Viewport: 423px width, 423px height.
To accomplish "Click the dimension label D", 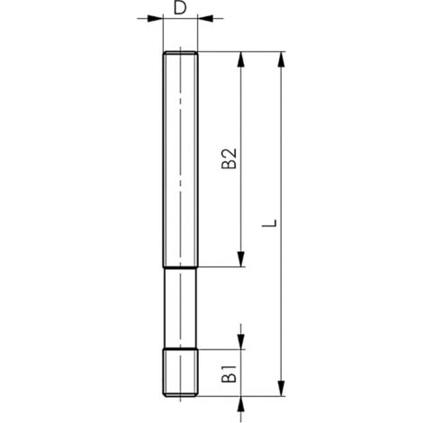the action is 180,8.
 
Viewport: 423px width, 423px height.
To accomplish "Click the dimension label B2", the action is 229,158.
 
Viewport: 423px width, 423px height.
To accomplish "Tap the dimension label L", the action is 269,223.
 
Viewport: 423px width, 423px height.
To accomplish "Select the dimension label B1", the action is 229,373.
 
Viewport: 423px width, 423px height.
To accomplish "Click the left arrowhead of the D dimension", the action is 155,18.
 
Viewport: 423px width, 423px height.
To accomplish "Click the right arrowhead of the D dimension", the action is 205,18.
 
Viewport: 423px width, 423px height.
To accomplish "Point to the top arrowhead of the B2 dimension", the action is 241,59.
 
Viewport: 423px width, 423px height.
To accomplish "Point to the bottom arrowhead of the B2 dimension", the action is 241,259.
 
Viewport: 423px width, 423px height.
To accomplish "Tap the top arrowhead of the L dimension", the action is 281,59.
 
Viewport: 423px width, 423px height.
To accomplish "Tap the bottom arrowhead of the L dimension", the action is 281,389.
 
